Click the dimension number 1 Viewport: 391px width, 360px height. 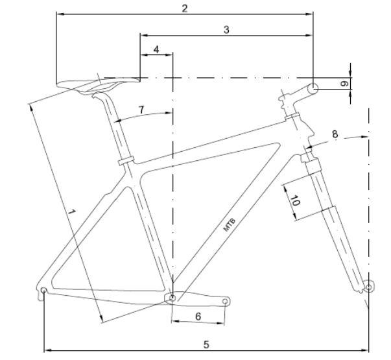(71, 212)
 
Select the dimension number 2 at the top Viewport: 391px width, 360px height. (185, 8)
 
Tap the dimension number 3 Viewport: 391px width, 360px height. (226, 30)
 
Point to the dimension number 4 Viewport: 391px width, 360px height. (156, 50)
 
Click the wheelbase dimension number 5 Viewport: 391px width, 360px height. (206, 345)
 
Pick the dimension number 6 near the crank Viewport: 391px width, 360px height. (198, 317)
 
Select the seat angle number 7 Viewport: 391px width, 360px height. (141, 110)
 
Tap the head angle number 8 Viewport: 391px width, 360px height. (335, 134)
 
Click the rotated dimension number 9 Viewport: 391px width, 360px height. (344, 84)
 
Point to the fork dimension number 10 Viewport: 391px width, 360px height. (295, 201)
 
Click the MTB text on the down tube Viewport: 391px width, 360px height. (229, 225)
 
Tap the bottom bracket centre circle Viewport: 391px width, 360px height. (172, 298)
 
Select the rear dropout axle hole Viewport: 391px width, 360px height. (43, 291)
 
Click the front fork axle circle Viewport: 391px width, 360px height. (369, 287)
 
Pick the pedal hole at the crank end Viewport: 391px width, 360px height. (225, 302)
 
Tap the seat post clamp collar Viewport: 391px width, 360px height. (126, 160)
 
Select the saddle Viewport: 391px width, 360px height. (97, 84)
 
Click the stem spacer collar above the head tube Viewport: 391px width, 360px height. (292, 116)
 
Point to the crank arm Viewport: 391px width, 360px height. (198, 299)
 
